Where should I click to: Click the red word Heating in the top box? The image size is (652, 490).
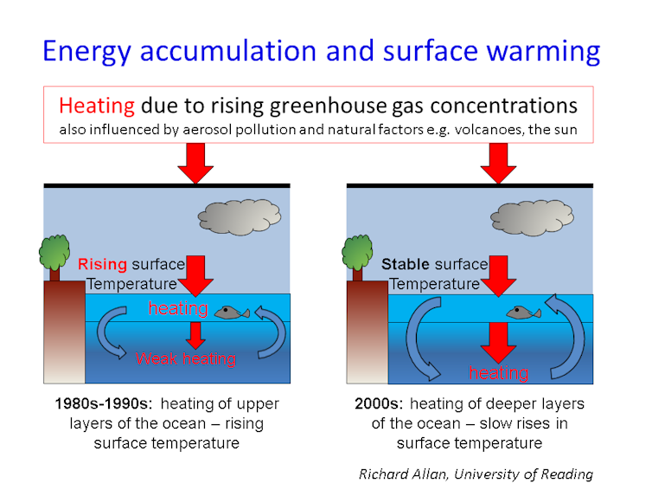click(x=97, y=106)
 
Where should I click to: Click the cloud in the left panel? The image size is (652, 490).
click(x=239, y=216)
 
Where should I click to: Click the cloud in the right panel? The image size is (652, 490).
click(x=533, y=217)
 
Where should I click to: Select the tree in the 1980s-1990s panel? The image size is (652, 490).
click(x=54, y=257)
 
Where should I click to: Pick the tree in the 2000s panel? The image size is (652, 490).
click(x=357, y=257)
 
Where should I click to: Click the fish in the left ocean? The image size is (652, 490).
click(x=232, y=313)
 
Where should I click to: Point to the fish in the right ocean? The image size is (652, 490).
click(x=523, y=313)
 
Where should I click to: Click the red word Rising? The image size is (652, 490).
click(x=102, y=264)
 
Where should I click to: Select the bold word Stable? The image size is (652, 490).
click(x=406, y=264)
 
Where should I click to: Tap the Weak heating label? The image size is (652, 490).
click(x=186, y=359)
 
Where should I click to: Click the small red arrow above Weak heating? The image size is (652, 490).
click(x=195, y=336)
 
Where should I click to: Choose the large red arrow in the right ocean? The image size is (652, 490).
click(x=498, y=342)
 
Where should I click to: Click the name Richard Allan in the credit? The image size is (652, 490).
click(x=403, y=474)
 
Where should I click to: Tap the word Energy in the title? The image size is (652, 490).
click(x=87, y=52)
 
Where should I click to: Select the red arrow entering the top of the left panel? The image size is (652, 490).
click(x=195, y=164)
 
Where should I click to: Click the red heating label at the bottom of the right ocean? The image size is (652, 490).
click(x=499, y=373)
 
